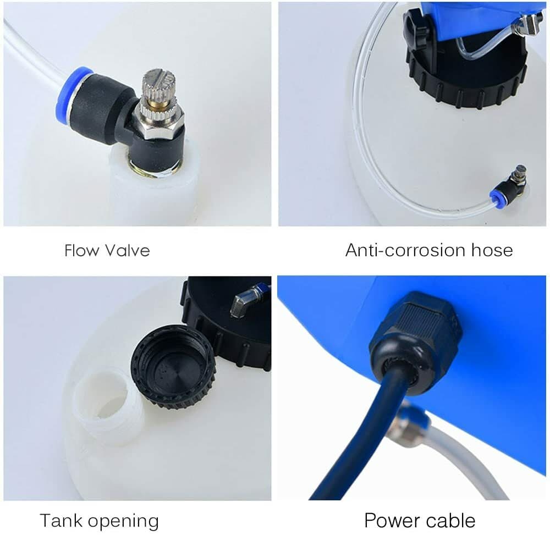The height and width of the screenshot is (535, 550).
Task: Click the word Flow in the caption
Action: (x=81, y=251)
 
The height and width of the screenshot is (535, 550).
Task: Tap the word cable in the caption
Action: (x=449, y=520)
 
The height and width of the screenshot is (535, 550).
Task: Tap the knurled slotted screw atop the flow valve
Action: (x=156, y=88)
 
